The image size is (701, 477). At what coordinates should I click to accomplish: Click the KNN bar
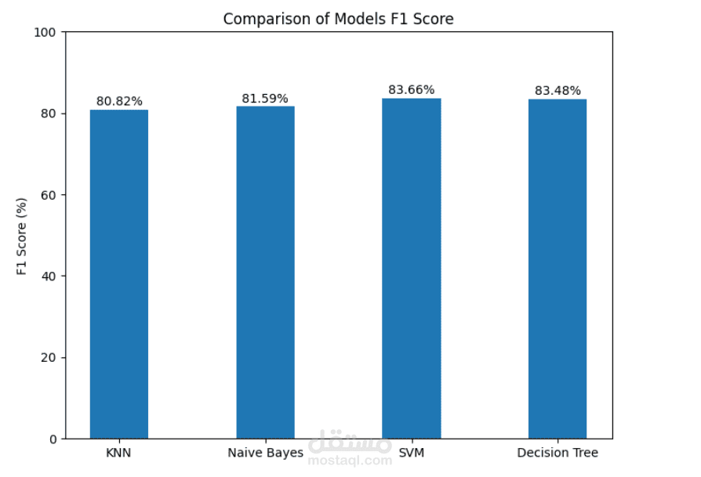(119, 274)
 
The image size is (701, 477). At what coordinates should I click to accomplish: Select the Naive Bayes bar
(266, 273)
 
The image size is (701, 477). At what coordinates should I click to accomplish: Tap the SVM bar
(412, 269)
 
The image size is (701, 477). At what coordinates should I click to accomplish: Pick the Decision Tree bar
(558, 269)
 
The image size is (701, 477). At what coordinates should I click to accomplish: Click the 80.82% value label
(119, 101)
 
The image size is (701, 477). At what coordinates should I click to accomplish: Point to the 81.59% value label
(265, 99)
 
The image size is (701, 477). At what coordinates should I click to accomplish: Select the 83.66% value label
(412, 90)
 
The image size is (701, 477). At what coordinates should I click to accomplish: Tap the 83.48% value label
(558, 91)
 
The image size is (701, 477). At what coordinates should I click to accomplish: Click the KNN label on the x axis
(118, 453)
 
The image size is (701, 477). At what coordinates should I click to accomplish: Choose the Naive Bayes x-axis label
(266, 453)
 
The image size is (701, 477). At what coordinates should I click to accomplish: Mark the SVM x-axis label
(412, 453)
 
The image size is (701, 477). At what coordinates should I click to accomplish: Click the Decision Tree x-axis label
(558, 453)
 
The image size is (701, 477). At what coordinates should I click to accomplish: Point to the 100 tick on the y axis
(45, 32)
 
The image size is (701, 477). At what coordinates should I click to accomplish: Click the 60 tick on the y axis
(49, 195)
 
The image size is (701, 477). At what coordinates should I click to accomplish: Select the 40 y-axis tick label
(49, 276)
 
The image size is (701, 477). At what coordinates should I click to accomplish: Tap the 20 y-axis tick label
(49, 358)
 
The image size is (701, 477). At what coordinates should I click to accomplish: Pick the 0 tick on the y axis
(53, 439)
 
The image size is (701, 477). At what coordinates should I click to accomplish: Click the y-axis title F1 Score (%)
(21, 237)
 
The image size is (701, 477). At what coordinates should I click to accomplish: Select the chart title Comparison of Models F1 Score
(339, 19)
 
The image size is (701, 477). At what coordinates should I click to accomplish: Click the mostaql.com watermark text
(350, 460)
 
